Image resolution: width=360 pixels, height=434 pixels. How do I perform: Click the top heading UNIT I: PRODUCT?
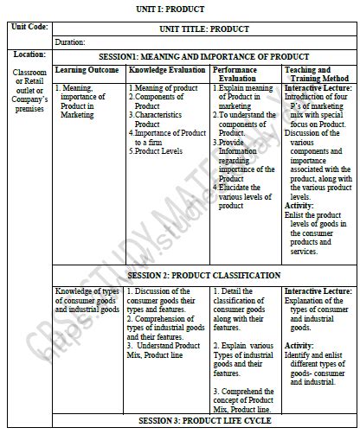coord(180,8)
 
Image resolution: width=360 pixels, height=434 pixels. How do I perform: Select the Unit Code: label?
coord(28,28)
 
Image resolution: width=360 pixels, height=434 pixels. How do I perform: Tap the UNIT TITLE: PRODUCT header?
coord(204,29)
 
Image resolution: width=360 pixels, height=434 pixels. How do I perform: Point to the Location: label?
coord(28,54)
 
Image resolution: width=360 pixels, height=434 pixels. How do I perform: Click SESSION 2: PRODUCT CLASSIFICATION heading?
coord(204,275)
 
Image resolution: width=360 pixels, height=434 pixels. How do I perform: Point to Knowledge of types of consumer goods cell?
coord(87,299)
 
